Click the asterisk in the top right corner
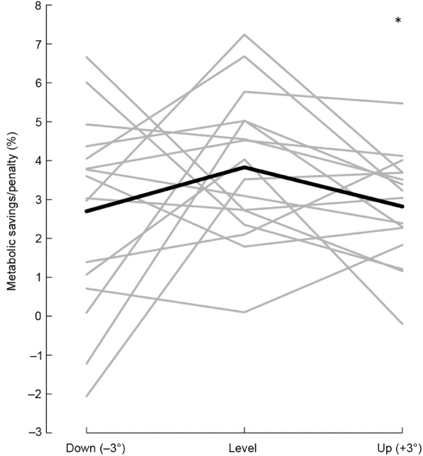(398, 21)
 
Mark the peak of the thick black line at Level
(244, 167)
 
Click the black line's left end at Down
(86, 211)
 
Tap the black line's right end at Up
(402, 206)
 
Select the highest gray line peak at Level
(244, 35)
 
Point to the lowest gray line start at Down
(86, 396)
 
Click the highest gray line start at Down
(86, 57)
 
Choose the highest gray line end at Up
(402, 103)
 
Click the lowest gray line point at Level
(244, 312)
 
